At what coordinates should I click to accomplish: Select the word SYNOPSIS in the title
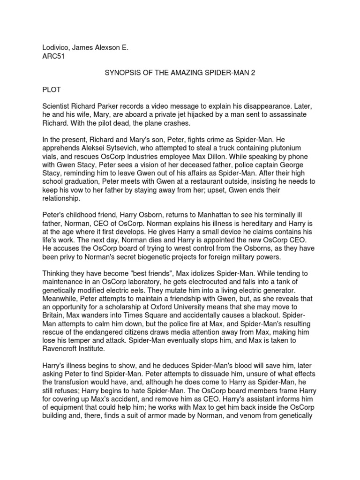coord(120,73)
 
